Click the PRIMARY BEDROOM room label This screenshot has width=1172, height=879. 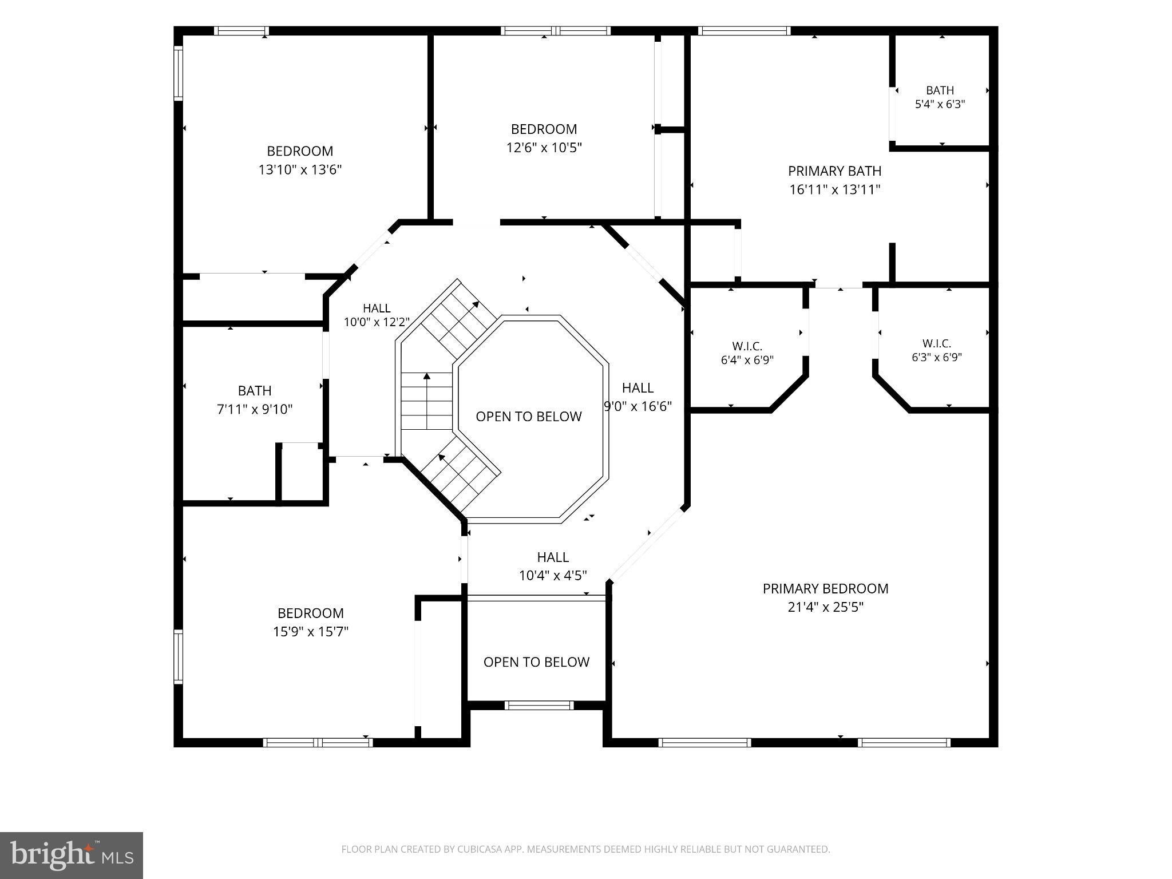pos(825,588)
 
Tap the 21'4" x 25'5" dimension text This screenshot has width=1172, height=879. pos(825,607)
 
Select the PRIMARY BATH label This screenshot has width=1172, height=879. pos(834,171)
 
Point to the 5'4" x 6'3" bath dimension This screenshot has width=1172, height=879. pos(940,104)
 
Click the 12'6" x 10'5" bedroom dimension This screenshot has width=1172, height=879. pos(544,148)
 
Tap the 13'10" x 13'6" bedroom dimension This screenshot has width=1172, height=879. pos(300,169)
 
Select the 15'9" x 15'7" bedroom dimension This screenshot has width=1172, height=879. pos(311,631)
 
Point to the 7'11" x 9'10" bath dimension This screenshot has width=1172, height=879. pos(255,409)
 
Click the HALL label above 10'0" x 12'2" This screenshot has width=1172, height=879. pos(377,308)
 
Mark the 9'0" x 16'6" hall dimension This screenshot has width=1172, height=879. pos(638,406)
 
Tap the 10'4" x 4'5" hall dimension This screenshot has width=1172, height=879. pos(553,575)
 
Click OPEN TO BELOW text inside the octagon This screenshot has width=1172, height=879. pos(529,417)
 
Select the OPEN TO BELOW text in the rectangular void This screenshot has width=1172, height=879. pos(536,662)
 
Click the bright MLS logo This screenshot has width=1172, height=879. pos(72,855)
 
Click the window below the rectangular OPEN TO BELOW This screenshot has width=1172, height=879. pos(539,705)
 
